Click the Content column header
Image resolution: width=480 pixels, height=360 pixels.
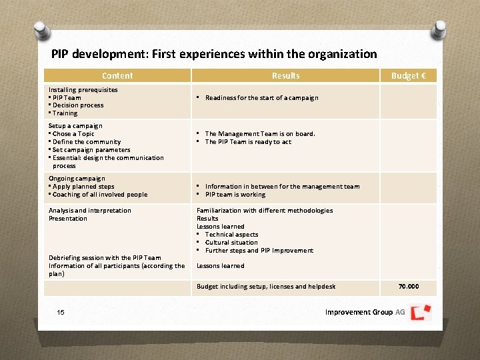tap(117, 76)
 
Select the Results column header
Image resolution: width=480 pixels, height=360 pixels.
tap(286, 76)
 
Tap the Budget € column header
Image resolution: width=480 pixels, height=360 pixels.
tap(408, 76)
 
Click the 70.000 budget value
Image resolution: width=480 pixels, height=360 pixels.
tap(409, 287)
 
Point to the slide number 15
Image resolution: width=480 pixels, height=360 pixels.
tap(61, 312)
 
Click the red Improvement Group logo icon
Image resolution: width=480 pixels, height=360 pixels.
tap(421, 312)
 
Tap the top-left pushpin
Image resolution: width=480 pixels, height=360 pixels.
tap(41, 31)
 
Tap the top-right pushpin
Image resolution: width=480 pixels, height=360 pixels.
tap(439, 31)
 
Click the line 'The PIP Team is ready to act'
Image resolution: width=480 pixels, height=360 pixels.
tap(248, 142)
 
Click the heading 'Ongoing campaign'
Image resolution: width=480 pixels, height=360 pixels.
tap(77, 179)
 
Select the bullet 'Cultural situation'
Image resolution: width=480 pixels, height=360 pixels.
tap(231, 243)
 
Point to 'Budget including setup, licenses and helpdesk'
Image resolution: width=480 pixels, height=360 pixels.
tap(266, 287)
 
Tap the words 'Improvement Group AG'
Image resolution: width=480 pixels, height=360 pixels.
tap(365, 312)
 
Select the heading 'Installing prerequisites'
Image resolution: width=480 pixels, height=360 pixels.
tap(83, 90)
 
